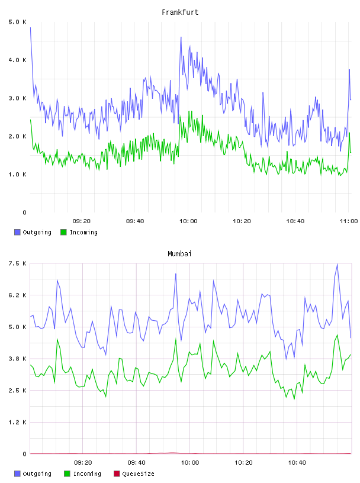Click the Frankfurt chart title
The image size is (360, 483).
click(180, 12)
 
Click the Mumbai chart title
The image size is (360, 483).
click(179, 254)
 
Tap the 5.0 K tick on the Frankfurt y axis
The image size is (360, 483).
click(17, 22)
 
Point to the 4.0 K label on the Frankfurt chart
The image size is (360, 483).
click(17, 60)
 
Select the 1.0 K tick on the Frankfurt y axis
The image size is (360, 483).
click(17, 175)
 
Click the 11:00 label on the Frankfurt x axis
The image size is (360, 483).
click(349, 221)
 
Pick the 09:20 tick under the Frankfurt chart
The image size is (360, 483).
click(82, 221)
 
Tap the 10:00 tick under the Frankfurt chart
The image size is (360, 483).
click(188, 221)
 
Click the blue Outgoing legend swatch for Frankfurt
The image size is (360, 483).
click(17, 232)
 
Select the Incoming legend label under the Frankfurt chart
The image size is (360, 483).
click(83, 232)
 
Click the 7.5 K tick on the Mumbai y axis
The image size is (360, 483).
click(17, 263)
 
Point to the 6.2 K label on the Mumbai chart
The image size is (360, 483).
click(17, 295)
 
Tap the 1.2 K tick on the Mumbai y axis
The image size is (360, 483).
click(17, 422)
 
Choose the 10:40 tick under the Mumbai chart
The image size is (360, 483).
click(297, 463)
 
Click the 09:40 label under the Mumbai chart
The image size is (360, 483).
click(136, 463)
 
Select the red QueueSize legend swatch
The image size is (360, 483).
click(117, 474)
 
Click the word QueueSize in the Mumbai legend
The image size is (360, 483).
click(138, 474)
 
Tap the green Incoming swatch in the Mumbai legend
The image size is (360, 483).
click(67, 474)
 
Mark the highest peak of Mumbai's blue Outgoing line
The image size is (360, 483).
click(337, 264)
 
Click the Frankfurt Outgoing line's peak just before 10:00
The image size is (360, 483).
click(181, 37)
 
